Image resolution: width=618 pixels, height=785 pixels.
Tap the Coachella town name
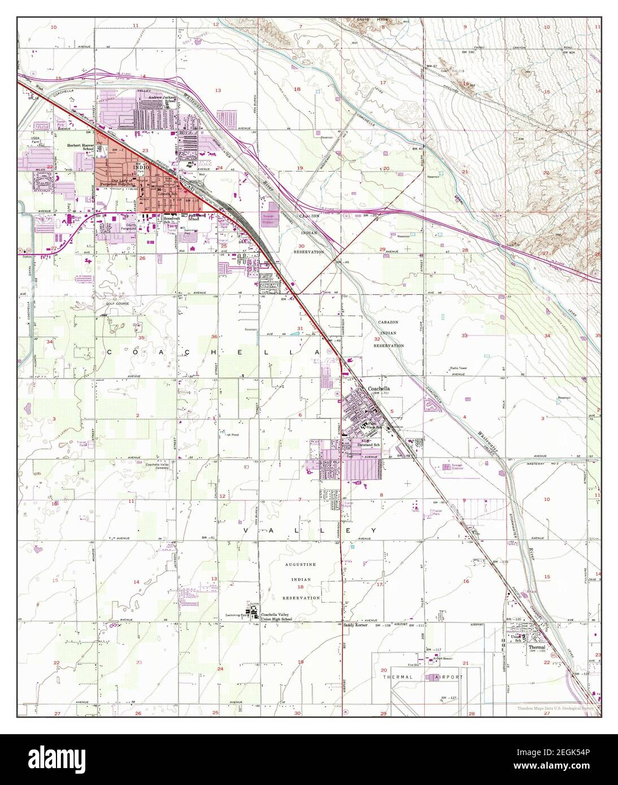coord(379,389)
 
